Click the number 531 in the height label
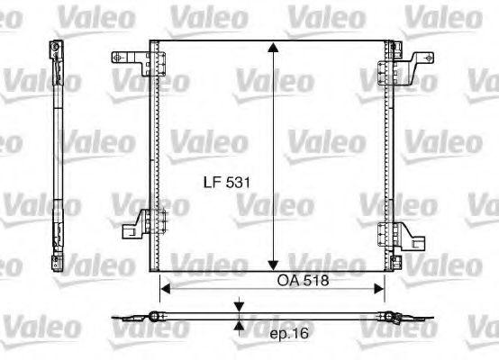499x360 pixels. tap(236, 182)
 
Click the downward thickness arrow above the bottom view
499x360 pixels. tap(238, 307)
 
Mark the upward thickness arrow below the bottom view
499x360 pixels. tap(238, 325)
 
